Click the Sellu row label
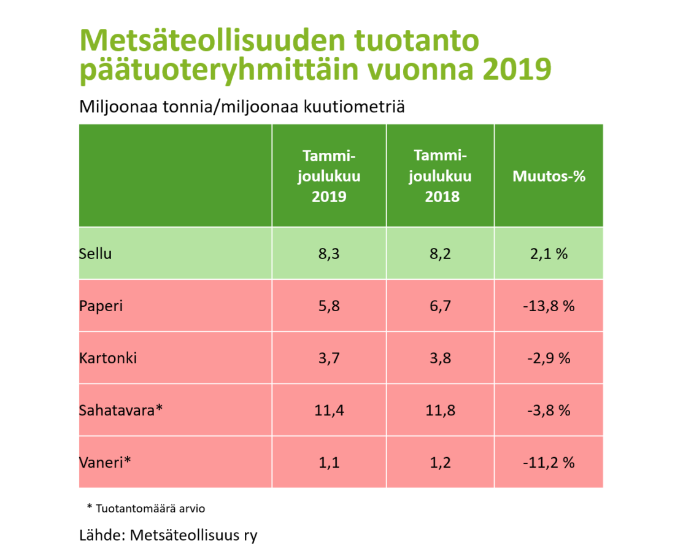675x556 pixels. [x=96, y=253]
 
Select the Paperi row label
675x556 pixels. [x=101, y=305]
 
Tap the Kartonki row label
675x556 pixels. [x=107, y=358]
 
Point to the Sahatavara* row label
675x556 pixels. [x=121, y=410]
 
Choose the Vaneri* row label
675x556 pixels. [x=106, y=462]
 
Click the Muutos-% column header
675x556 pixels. [x=549, y=176]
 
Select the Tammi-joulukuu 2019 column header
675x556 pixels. [x=329, y=176]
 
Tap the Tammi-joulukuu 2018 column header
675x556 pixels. [x=440, y=176]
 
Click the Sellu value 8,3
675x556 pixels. [x=329, y=253]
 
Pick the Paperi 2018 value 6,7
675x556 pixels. [x=440, y=306]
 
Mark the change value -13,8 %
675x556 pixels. [x=549, y=306]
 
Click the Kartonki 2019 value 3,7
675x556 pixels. [x=329, y=358]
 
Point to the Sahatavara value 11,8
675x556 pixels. [x=440, y=410]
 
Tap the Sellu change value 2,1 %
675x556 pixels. [x=549, y=253]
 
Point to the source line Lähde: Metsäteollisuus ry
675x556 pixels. [x=168, y=535]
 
